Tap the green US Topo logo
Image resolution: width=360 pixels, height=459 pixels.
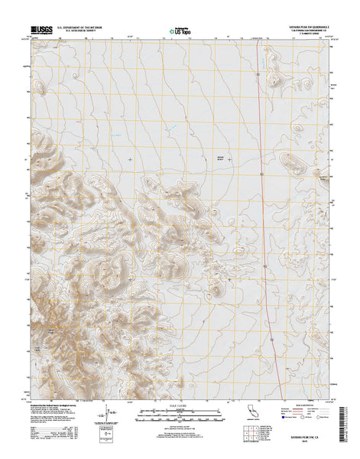[x=180, y=31]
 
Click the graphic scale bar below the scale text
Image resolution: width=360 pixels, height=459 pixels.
[x=180, y=413]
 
